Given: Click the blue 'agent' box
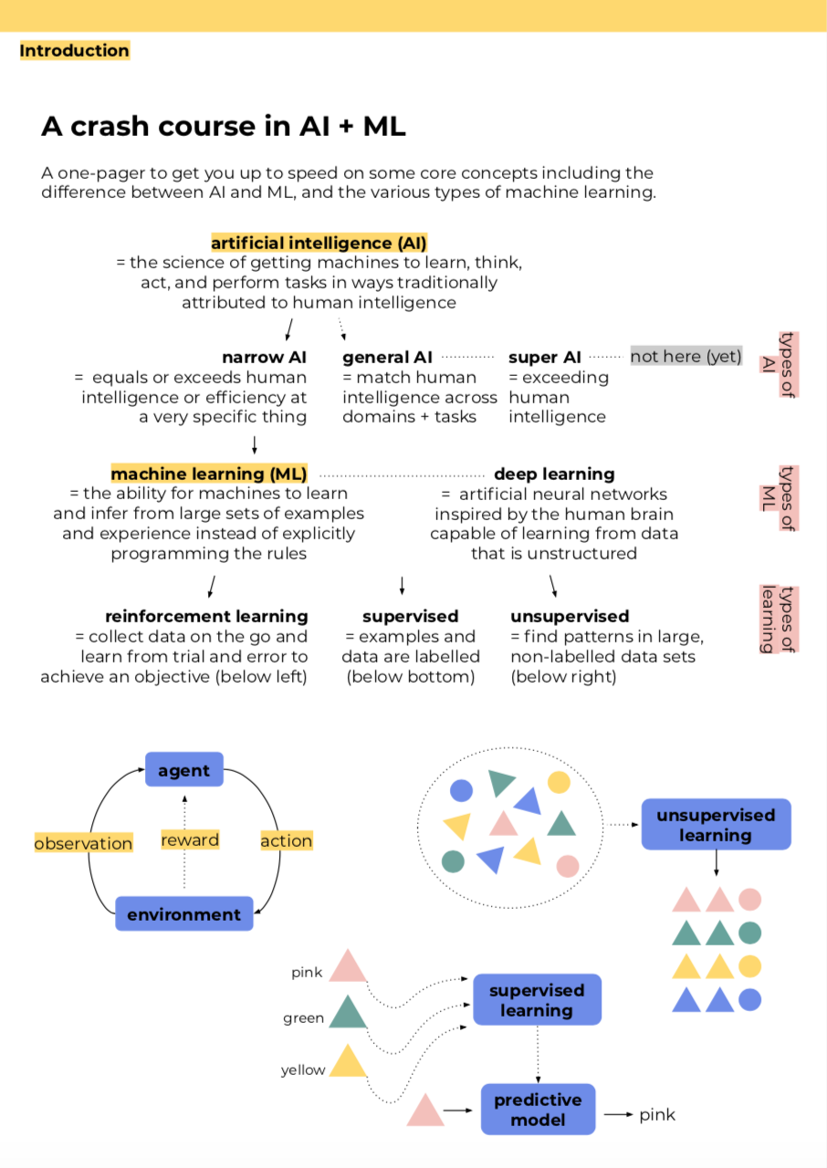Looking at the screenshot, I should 183,770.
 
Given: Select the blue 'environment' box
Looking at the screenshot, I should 183,914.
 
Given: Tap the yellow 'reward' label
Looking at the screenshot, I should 190,840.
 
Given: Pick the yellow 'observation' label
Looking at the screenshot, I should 83,843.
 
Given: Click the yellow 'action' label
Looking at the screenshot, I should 286,841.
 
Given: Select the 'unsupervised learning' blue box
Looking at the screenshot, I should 716,825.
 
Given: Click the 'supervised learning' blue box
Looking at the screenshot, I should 537,1000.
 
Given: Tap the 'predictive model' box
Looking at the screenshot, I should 538,1110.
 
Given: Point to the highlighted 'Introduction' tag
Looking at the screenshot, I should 74,51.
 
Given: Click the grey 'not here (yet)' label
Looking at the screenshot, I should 686,356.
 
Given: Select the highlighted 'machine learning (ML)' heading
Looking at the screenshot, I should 209,474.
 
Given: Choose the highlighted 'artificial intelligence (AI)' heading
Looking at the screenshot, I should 319,244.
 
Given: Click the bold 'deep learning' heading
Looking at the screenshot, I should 554,474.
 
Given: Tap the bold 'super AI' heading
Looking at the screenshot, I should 545,357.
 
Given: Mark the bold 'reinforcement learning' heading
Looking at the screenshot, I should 206,617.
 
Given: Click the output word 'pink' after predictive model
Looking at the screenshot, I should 657,1114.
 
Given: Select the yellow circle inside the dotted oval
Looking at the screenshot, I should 559,782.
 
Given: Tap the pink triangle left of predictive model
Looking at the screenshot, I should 424,1111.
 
